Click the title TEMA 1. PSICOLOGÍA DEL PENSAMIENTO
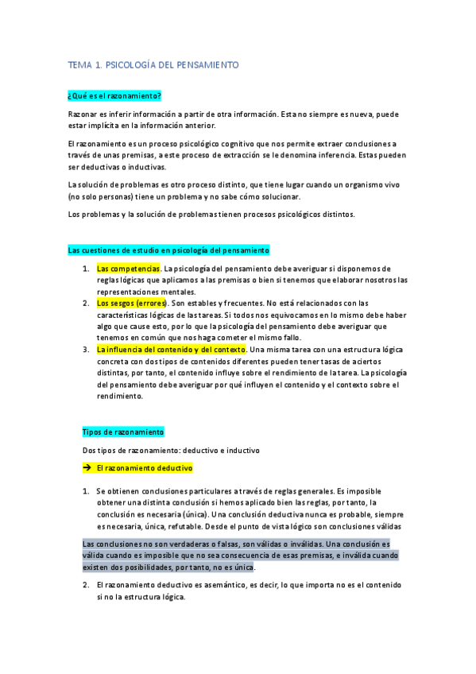point(153,64)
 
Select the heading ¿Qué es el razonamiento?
point(115,95)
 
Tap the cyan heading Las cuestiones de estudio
point(169,250)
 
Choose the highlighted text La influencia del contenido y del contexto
point(172,349)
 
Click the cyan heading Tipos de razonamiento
point(123,432)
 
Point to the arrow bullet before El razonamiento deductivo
point(87,468)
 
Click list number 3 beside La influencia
point(86,349)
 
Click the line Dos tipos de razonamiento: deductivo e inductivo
point(171,450)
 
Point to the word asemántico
point(206,585)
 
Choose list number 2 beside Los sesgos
point(86,303)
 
